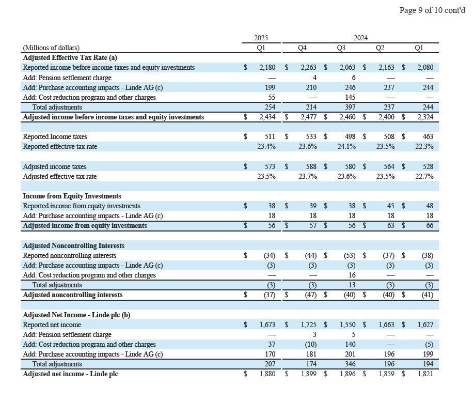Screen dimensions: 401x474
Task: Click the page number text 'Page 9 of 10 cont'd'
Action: pyautogui.click(x=432, y=10)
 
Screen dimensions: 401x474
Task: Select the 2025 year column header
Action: pyautogui.click(x=261, y=38)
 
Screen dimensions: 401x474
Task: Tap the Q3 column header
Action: pyautogui.click(x=341, y=48)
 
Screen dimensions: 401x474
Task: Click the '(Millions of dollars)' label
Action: pyautogui.click(x=51, y=48)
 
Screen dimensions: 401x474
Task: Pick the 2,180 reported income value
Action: pyautogui.click(x=267, y=68)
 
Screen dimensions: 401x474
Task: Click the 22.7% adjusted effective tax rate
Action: pyautogui.click(x=424, y=177)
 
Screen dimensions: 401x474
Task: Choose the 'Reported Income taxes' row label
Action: pyautogui.click(x=55, y=137)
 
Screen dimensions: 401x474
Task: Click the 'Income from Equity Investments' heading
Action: pyautogui.click(x=72, y=196)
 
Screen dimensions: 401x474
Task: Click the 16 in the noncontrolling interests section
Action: pyautogui.click(x=351, y=275)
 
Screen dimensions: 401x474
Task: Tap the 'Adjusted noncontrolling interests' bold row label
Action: pyautogui.click(x=73, y=295)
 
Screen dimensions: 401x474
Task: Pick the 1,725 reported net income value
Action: pyautogui.click(x=308, y=325)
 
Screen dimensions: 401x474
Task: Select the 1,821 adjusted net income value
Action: pyautogui.click(x=425, y=374)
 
